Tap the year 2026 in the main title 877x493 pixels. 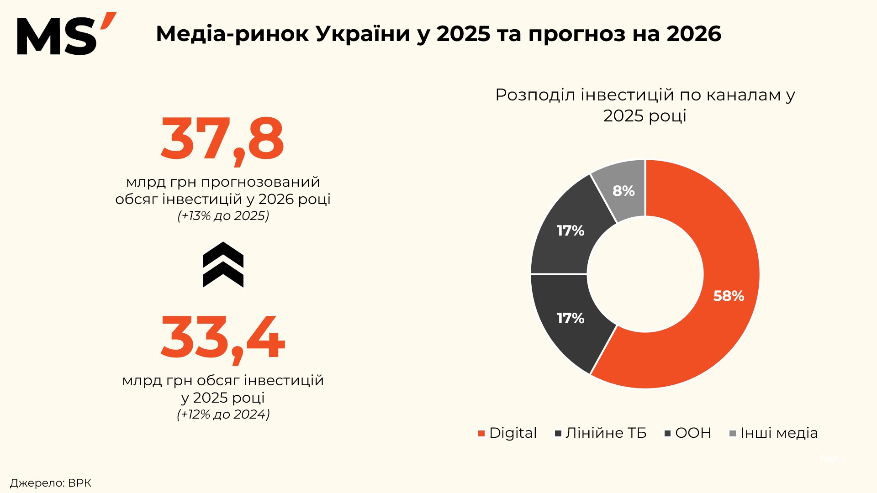[694, 34]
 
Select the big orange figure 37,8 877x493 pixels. [222, 139]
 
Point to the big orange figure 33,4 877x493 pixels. [222, 338]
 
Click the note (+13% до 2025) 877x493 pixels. [223, 216]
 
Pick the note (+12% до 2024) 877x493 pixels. [223, 414]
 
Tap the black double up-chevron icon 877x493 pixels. [223, 265]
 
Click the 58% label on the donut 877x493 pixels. [729, 296]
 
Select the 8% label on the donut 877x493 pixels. [623, 191]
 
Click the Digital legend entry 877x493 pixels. [507, 433]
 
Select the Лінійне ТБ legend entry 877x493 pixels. [601, 433]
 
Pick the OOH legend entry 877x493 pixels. [688, 433]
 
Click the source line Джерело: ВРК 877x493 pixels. [51, 483]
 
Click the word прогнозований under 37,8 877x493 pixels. [260, 182]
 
